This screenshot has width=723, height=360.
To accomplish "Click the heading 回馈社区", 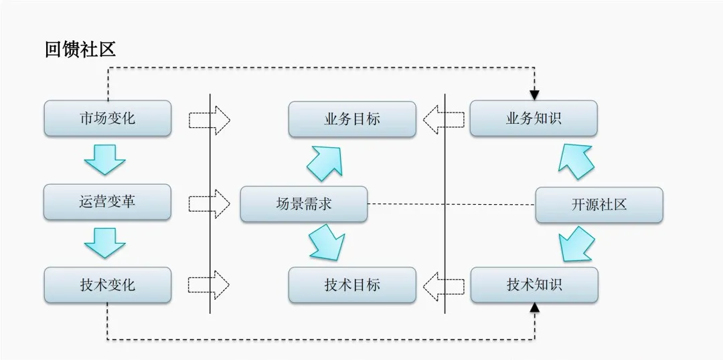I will coord(80,50).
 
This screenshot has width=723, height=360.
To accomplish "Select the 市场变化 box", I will coord(107,118).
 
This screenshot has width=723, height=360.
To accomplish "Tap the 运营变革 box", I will coord(107,202).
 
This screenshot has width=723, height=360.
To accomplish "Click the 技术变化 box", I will coord(107,284).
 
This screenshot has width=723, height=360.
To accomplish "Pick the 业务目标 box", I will coord(352,119).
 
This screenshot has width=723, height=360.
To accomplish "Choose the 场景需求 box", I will coord(304,203).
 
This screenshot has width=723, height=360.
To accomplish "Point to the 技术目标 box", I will coord(352,284).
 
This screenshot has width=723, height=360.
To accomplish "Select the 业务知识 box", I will coord(534,118).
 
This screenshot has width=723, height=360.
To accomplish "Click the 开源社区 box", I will coord(599,205).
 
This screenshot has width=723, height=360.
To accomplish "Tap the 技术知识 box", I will coord(534,284).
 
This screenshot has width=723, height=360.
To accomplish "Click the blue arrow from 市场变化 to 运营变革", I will coord(105,161).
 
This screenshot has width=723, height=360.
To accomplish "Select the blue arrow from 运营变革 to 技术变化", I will coord(105,243).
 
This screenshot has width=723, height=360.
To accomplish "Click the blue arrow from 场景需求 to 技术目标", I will coord(327,242).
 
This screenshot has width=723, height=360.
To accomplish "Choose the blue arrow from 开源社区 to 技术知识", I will coord(576,244).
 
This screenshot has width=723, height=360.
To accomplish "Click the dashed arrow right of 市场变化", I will coord(210,120).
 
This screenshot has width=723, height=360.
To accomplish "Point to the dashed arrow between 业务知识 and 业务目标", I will coord(444,119).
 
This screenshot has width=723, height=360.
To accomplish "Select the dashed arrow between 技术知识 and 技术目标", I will coord(444,284).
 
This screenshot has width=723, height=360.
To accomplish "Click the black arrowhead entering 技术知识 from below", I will coord(534,308).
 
